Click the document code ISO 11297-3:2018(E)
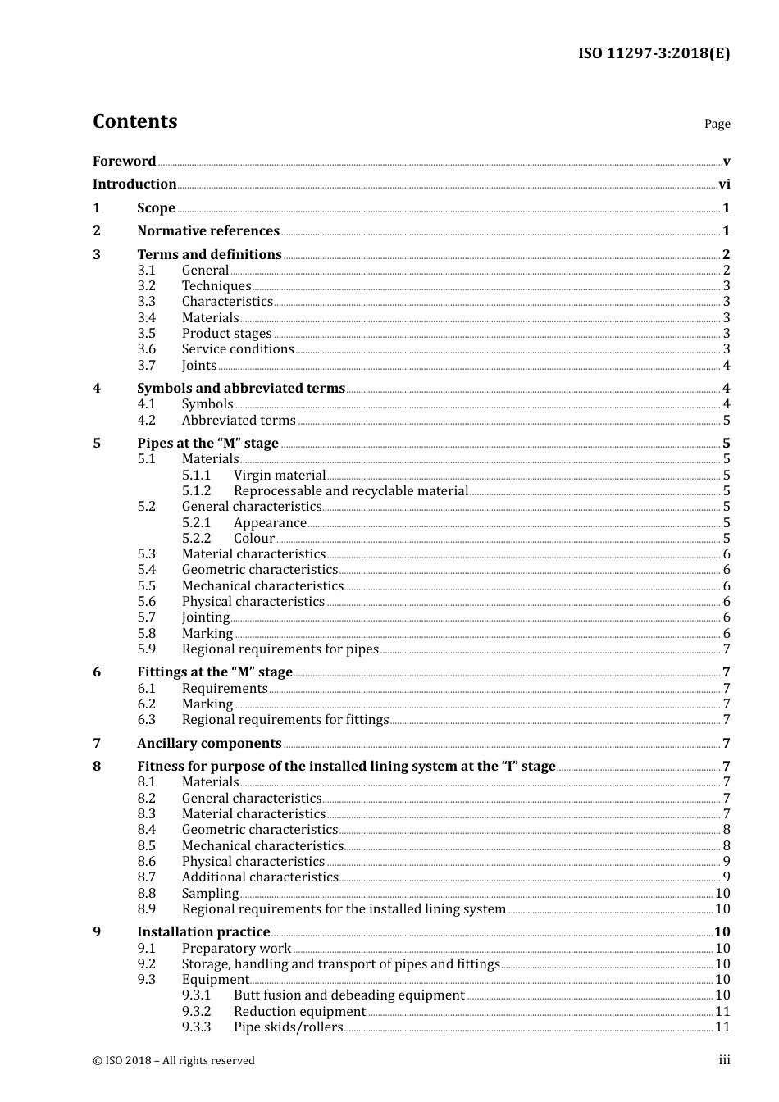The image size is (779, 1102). pyautogui.click(x=654, y=54)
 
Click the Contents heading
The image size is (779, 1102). pyautogui.click(x=134, y=121)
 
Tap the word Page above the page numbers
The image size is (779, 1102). pyautogui.click(x=717, y=124)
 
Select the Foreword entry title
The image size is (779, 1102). pyautogui.click(x=124, y=162)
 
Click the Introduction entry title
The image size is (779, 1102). pyautogui.click(x=134, y=184)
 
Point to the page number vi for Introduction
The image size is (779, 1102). pyautogui.click(x=724, y=184)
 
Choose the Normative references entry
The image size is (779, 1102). pyautogui.click(x=208, y=231)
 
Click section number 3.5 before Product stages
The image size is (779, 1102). pyautogui.click(x=146, y=334)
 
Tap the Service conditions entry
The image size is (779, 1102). pyautogui.click(x=238, y=349)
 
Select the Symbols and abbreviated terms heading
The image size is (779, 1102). pyautogui.click(x=241, y=389)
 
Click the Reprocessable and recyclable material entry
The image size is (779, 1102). pyautogui.click(x=351, y=491)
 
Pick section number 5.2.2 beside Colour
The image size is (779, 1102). pyautogui.click(x=196, y=539)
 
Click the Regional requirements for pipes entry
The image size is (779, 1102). pyautogui.click(x=280, y=649)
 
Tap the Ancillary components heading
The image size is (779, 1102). pyautogui.click(x=209, y=744)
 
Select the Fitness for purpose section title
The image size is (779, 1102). pyautogui.click(x=346, y=767)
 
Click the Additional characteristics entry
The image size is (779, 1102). pyautogui.click(x=260, y=877)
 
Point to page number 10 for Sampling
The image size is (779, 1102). pyautogui.click(x=722, y=894)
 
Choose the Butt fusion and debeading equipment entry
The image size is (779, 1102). pyautogui.click(x=349, y=995)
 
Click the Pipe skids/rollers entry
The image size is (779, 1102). pyautogui.click(x=289, y=1027)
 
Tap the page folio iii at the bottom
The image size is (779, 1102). pyautogui.click(x=724, y=1060)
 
